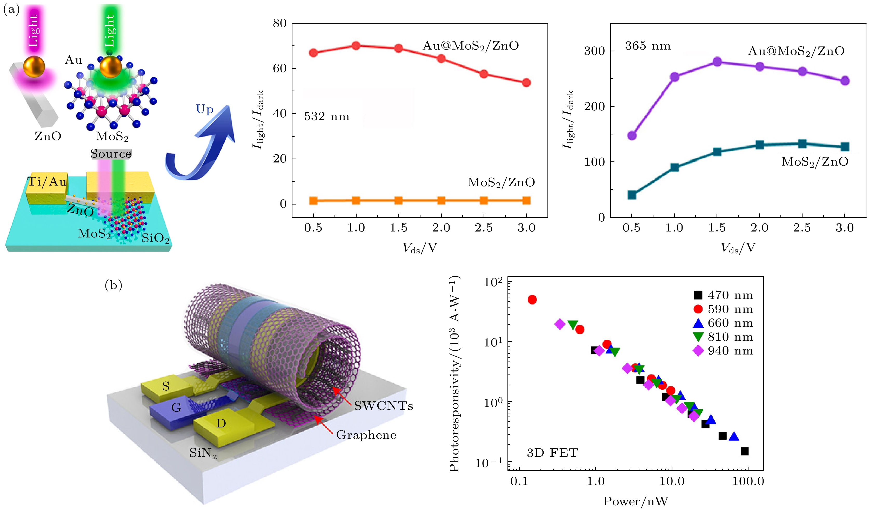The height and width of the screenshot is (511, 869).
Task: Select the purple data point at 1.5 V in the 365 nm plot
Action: point(717,62)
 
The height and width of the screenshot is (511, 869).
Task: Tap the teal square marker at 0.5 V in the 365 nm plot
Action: point(632,195)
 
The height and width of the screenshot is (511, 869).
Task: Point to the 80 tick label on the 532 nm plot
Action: point(280,23)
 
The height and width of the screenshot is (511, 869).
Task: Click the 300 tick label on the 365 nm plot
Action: point(594,51)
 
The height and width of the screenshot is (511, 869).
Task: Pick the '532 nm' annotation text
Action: point(326,117)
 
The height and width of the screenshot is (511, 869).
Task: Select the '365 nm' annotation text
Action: point(648,46)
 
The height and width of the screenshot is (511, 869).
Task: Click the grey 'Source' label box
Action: point(111,154)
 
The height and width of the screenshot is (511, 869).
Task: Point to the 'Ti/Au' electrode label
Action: point(47,182)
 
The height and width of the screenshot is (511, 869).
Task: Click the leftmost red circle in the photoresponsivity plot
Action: point(532,299)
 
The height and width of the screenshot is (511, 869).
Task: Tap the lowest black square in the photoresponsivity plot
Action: point(745,451)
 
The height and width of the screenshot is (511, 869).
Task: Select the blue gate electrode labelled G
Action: point(176,408)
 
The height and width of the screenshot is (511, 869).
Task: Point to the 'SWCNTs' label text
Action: point(383,406)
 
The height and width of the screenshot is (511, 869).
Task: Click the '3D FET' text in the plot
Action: point(552,452)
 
